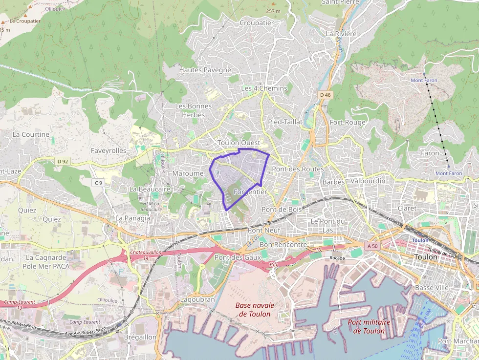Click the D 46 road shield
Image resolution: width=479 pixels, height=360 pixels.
click(326, 94)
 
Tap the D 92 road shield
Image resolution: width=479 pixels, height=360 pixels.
click(62, 161)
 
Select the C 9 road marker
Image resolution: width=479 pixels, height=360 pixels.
click(99, 183)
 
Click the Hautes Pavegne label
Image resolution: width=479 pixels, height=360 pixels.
click(205, 70)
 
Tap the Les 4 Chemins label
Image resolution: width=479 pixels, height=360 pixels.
click(264, 88)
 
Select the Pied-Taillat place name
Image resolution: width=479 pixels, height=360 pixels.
click(285, 122)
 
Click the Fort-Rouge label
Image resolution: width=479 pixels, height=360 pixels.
click(348, 122)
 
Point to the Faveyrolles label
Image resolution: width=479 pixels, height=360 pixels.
click(109, 151)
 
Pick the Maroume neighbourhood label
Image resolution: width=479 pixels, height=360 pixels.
click(188, 173)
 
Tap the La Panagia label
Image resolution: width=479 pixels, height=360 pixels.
click(133, 218)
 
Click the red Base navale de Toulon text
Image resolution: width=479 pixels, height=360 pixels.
click(255, 310)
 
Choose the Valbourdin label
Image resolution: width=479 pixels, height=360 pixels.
click(368, 181)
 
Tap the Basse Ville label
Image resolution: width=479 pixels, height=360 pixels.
click(431, 288)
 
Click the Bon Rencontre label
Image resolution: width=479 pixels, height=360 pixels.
click(283, 245)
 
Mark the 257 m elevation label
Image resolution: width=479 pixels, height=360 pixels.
click(273, 11)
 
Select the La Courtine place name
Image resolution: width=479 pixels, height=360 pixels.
click(31, 134)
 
